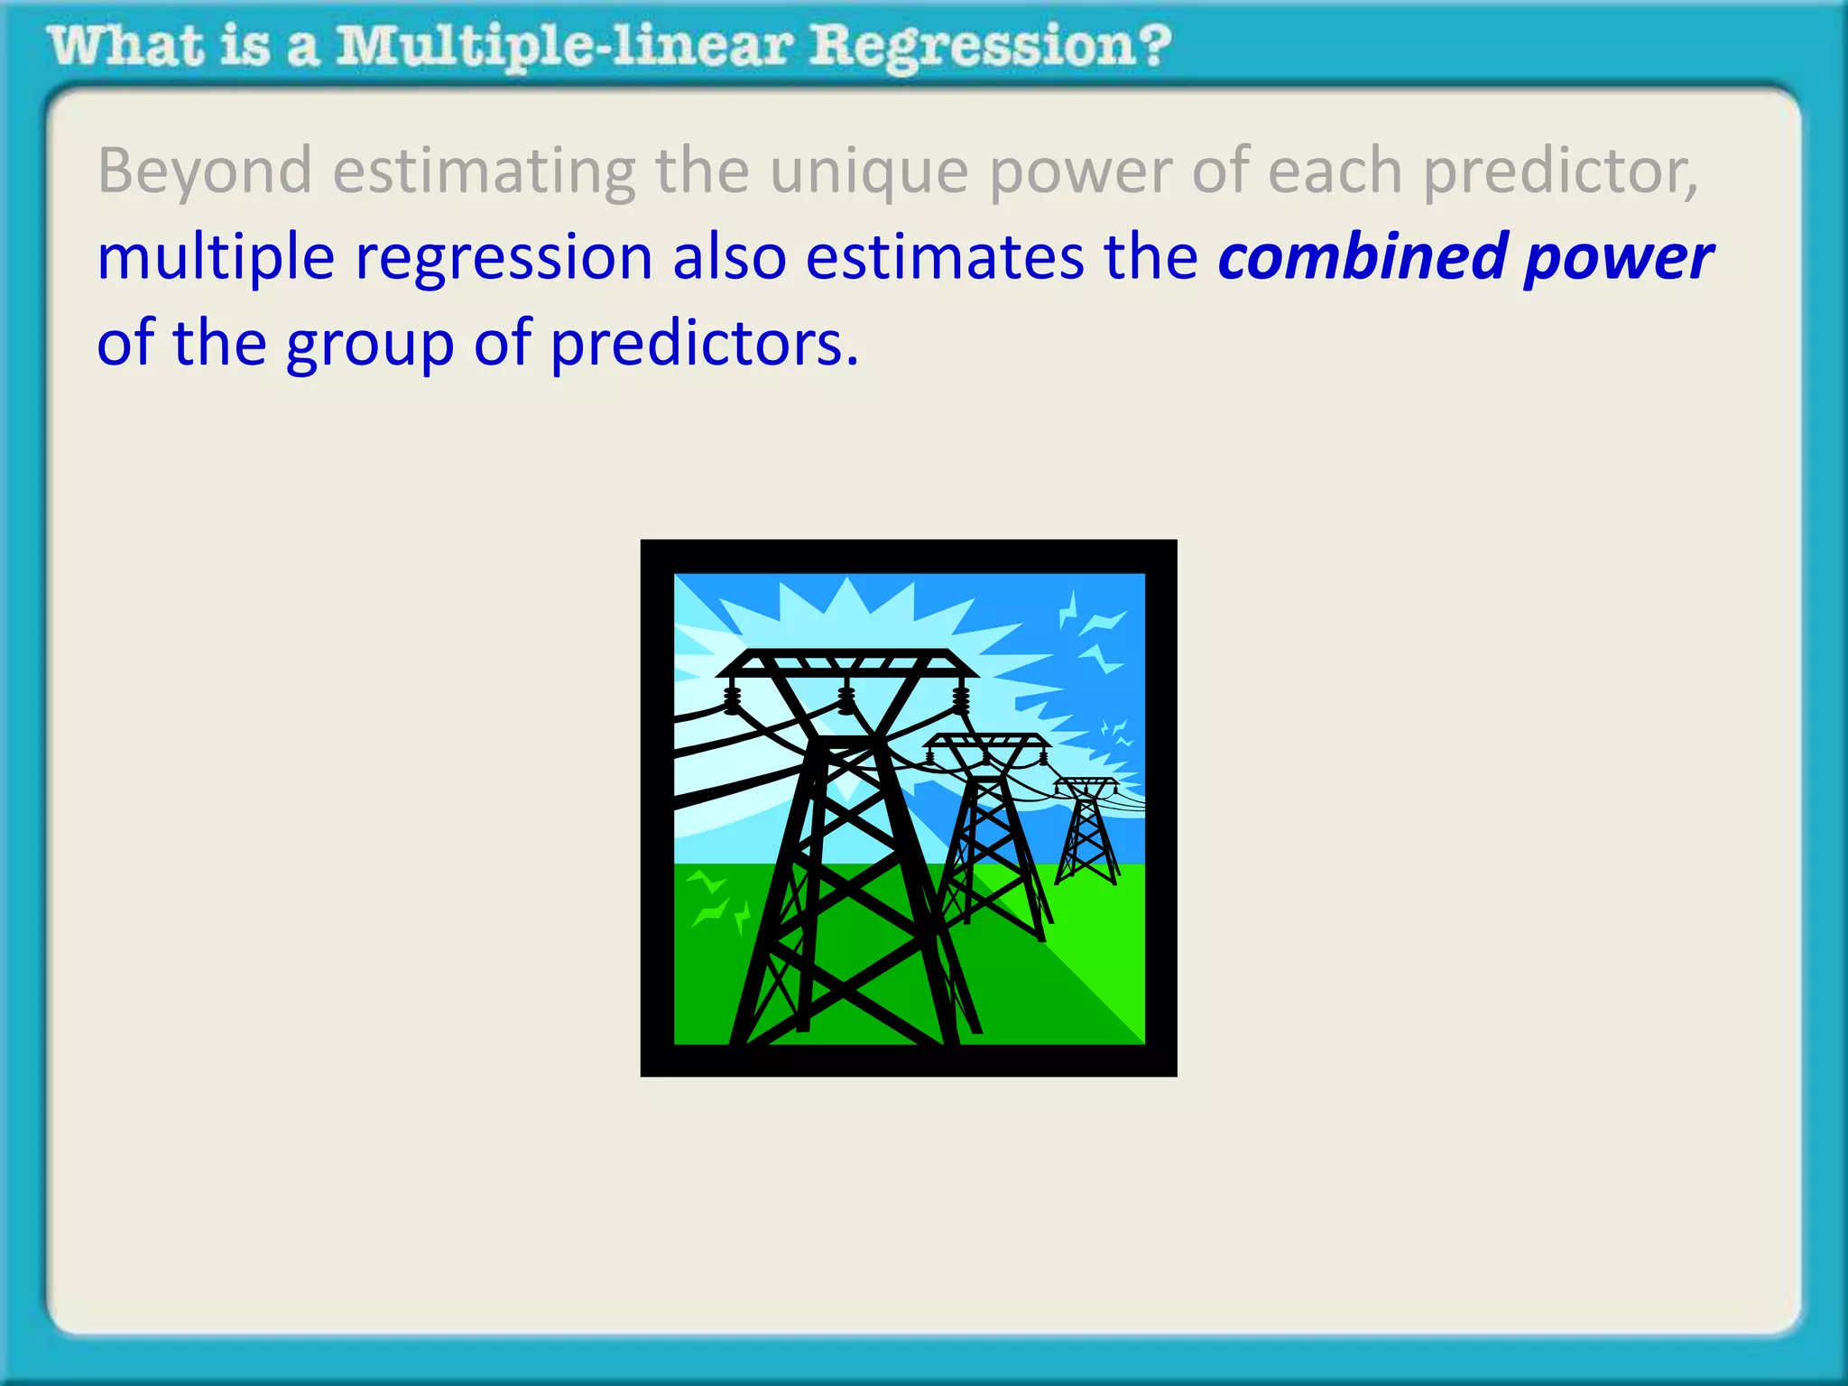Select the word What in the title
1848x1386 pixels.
tap(126, 47)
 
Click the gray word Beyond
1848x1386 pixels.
tap(205, 171)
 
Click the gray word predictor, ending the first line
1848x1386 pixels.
tap(1560, 171)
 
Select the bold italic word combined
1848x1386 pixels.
tap(1362, 257)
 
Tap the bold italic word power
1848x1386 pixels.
tap(1618, 259)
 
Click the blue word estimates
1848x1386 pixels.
tap(943, 257)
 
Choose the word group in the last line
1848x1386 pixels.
tap(370, 346)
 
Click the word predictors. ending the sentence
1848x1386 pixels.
tap(704, 346)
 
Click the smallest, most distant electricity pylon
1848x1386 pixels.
tap(1088, 830)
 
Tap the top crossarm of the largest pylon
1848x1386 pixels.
tap(846, 663)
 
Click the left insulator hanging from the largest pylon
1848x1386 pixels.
tap(732, 699)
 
